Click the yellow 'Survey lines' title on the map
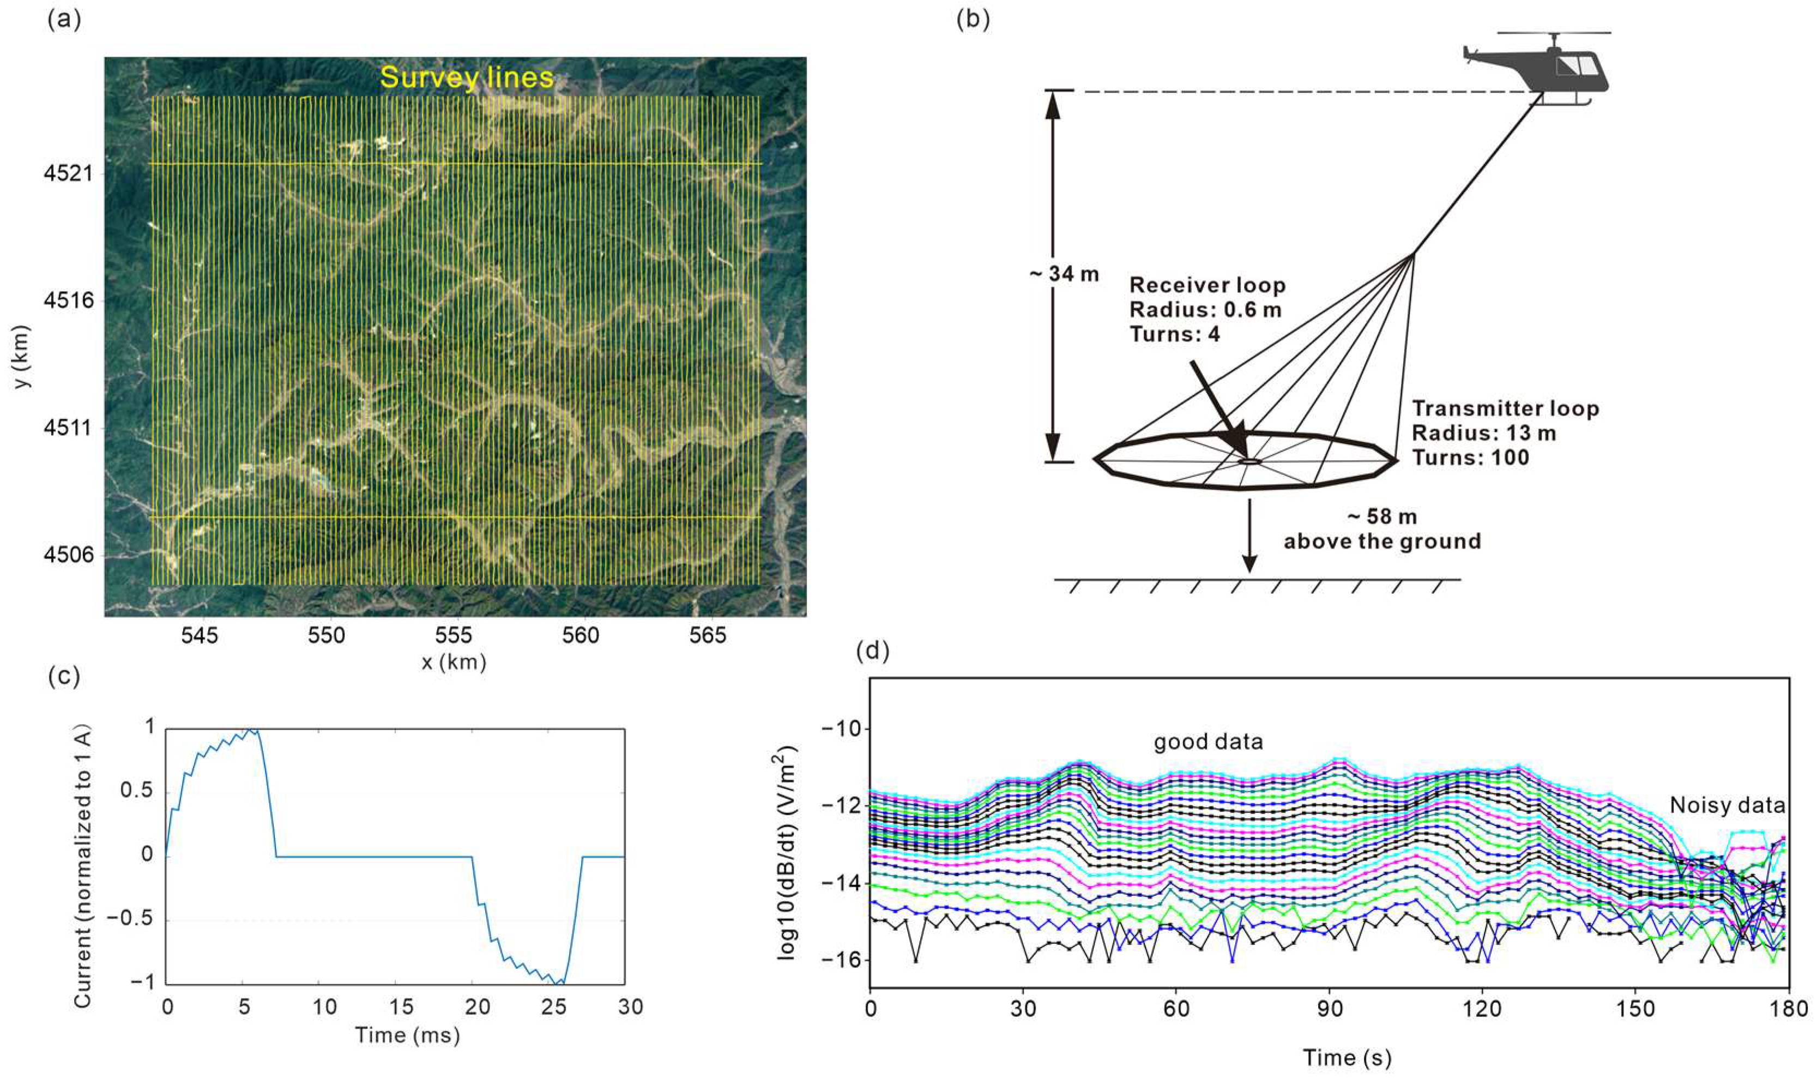467,77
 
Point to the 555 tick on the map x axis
454,636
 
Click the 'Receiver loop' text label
1207,286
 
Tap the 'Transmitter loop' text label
1505,408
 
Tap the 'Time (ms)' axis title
407,1034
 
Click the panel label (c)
64,676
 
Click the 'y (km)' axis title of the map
23,356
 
